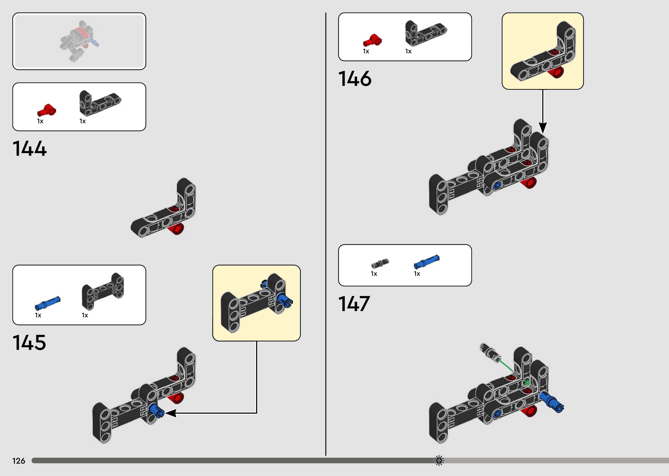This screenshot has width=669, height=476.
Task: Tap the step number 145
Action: pos(29,342)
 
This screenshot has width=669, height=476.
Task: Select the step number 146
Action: pos(355,78)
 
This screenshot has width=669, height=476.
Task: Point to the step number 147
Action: pos(354,304)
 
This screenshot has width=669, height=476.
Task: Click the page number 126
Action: pos(19,461)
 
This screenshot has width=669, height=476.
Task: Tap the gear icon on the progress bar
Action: pos(439,460)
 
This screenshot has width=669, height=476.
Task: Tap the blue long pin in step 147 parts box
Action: pos(426,262)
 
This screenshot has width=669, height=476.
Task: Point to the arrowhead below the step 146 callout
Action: pos(543,128)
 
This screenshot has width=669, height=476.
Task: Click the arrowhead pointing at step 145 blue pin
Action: pos(171,413)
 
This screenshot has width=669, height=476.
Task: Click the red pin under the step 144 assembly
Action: pos(177,229)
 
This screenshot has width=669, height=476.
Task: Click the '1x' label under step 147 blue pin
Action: pos(417,273)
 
